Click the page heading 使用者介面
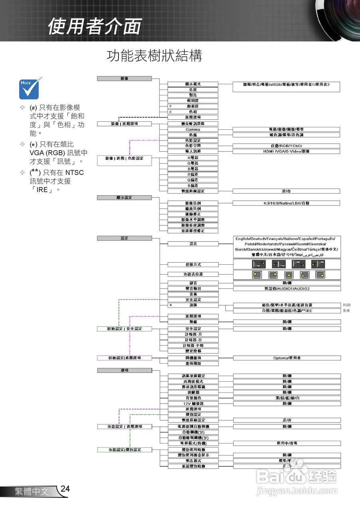[x=94, y=26]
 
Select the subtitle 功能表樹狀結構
[x=154, y=56]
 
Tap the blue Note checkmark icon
[x=30, y=88]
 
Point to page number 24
[x=65, y=489]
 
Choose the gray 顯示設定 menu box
[x=124, y=198]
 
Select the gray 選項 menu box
[x=124, y=370]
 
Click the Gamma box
[x=193, y=129]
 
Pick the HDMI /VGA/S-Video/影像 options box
[x=286, y=151]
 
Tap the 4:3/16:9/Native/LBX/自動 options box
[x=286, y=203]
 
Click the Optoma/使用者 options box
[x=287, y=358]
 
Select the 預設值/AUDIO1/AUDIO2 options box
[x=287, y=289]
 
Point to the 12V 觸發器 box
[x=193, y=404]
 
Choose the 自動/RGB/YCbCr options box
[x=286, y=146]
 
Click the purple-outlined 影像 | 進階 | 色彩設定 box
[x=124, y=158]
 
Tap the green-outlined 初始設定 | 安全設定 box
[x=124, y=329]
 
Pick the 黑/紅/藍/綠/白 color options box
[x=287, y=398]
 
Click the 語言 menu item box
[x=193, y=244]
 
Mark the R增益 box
[x=193, y=158]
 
